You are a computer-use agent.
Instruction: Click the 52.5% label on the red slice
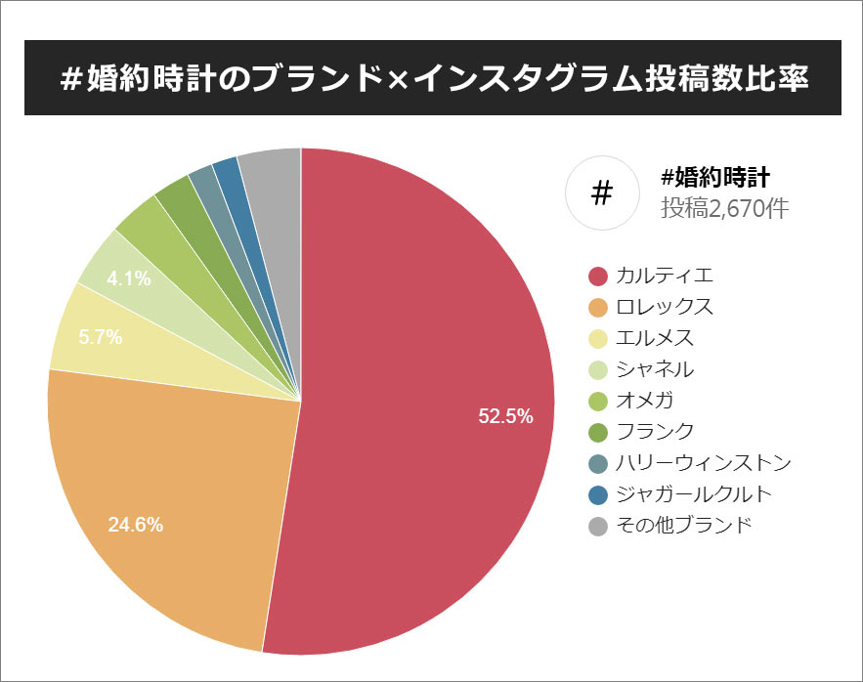coord(505,416)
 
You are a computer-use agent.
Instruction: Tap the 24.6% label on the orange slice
coord(135,524)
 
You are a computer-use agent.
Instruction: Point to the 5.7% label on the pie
coord(101,337)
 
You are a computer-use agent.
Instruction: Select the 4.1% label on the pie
coord(129,278)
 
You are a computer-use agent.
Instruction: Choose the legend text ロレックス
coord(665,307)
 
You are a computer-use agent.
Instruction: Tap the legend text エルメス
coord(655,338)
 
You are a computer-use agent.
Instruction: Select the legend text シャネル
coord(655,369)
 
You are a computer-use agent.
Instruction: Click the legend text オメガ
coord(645,401)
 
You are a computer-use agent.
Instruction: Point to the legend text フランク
coord(655,432)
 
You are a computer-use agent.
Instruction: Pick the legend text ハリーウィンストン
coord(704,463)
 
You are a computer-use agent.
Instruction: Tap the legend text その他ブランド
coord(684,526)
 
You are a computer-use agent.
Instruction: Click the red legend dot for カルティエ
coord(599,276)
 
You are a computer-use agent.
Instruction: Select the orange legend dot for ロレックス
coord(599,307)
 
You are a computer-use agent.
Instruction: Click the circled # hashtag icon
coord(602,193)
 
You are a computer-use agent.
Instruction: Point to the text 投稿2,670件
coord(724,208)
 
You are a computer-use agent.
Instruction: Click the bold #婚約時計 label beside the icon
coord(716,178)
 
